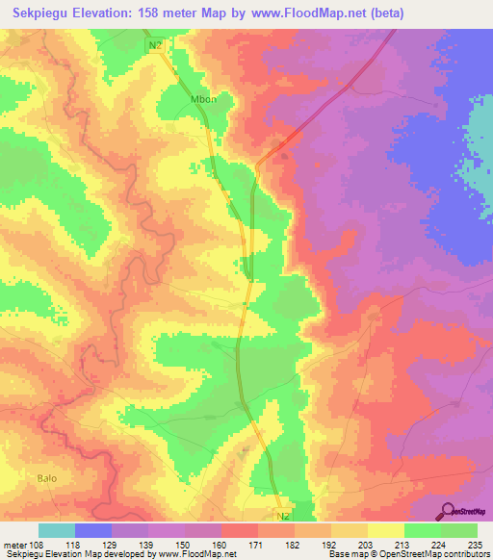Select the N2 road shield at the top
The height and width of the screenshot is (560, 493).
157,45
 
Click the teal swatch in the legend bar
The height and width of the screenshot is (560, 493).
57,531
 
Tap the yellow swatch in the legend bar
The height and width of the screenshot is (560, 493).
385,531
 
